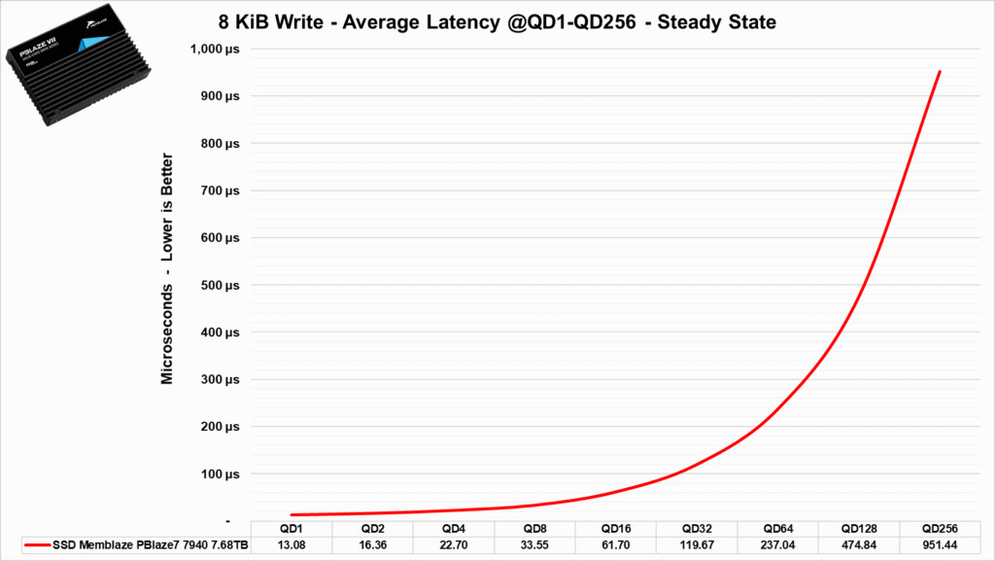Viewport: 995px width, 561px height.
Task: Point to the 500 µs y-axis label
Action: pos(221,285)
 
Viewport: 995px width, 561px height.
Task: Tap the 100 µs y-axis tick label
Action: pos(221,474)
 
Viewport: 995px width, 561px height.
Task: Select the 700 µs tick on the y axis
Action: pos(221,191)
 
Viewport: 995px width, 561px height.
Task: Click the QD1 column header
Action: pos(292,528)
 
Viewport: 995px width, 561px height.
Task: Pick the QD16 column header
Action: pos(615,528)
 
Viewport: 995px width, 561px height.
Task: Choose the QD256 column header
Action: pos(939,528)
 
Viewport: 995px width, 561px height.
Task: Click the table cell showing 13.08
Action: pos(292,544)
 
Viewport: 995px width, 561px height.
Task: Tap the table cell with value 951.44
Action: pos(939,544)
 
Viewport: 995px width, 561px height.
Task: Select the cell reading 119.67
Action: pos(696,544)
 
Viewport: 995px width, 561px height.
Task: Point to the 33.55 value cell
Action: pos(534,544)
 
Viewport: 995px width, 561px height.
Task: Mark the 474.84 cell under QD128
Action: pos(858,544)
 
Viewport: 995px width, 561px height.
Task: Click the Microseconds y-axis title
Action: pos(167,268)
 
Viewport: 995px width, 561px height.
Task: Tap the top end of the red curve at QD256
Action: pos(940,71)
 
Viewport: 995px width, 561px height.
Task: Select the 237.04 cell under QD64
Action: pos(777,544)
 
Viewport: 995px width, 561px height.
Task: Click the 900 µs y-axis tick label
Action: pos(221,96)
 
